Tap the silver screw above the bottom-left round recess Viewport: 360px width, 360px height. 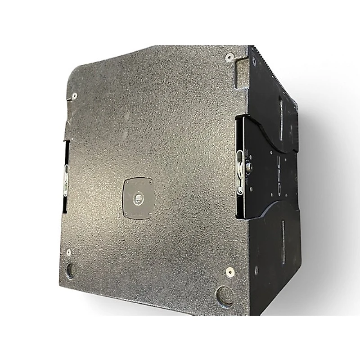(x=68, y=252)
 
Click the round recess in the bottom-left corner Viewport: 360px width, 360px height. (x=72, y=270)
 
